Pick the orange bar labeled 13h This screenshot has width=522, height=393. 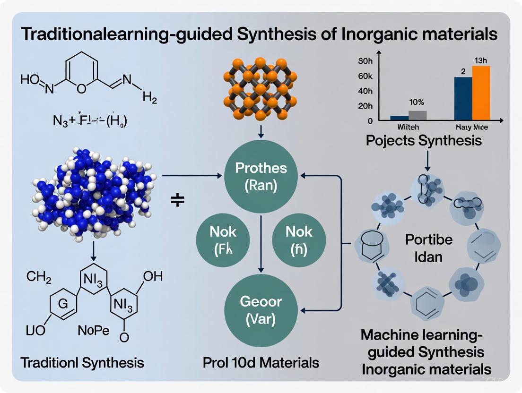point(481,93)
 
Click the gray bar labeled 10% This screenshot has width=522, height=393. point(418,115)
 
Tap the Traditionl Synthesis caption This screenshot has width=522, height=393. point(82,363)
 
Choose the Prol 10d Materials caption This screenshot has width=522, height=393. point(261,363)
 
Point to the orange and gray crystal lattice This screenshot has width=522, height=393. point(259,88)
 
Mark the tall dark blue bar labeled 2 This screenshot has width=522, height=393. point(463,98)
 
